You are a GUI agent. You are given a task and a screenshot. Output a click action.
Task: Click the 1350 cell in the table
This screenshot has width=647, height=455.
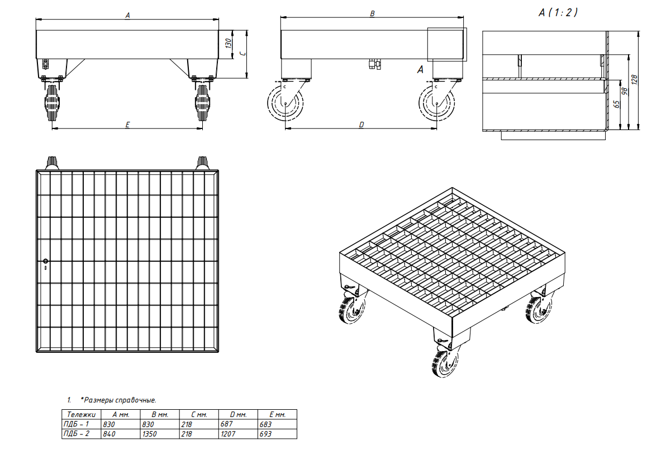pyautogui.click(x=149, y=434)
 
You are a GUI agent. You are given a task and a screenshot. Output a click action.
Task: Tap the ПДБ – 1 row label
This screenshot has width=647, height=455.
pyautogui.click(x=76, y=424)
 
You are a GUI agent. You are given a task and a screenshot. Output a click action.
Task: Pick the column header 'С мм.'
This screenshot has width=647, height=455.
pyautogui.click(x=199, y=415)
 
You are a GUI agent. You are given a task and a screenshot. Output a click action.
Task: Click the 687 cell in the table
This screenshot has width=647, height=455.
pyautogui.click(x=226, y=424)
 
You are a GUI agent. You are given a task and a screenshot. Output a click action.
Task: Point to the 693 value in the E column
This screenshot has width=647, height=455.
pyautogui.click(x=265, y=434)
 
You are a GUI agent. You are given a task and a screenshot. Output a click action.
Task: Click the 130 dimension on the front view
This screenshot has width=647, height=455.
pyautogui.click(x=228, y=44)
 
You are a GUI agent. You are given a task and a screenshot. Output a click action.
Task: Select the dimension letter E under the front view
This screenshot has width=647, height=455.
pyautogui.click(x=127, y=124)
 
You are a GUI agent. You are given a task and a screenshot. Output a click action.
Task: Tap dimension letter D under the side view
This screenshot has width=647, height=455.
pyautogui.click(x=361, y=124)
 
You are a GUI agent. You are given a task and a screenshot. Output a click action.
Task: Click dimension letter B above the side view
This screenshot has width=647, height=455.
pyautogui.click(x=372, y=13)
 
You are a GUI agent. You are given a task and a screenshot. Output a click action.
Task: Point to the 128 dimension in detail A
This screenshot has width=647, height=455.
pyautogui.click(x=635, y=79)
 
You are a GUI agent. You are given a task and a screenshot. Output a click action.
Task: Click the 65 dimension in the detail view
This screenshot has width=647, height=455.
pyautogui.click(x=617, y=104)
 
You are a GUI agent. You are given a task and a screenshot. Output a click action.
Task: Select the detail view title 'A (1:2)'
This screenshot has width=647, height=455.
pyautogui.click(x=558, y=13)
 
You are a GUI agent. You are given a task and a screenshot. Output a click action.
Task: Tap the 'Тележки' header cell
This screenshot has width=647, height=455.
pyautogui.click(x=81, y=415)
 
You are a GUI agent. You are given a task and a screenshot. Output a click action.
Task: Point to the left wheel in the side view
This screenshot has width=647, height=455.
pyautogui.click(x=285, y=103)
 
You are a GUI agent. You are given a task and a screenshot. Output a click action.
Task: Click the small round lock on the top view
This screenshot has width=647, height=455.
pyautogui.click(x=45, y=261)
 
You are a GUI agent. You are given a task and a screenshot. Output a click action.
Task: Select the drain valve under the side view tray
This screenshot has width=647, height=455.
pyautogui.click(x=375, y=64)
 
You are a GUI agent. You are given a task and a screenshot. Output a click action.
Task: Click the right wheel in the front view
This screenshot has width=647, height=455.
pyautogui.click(x=202, y=102)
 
